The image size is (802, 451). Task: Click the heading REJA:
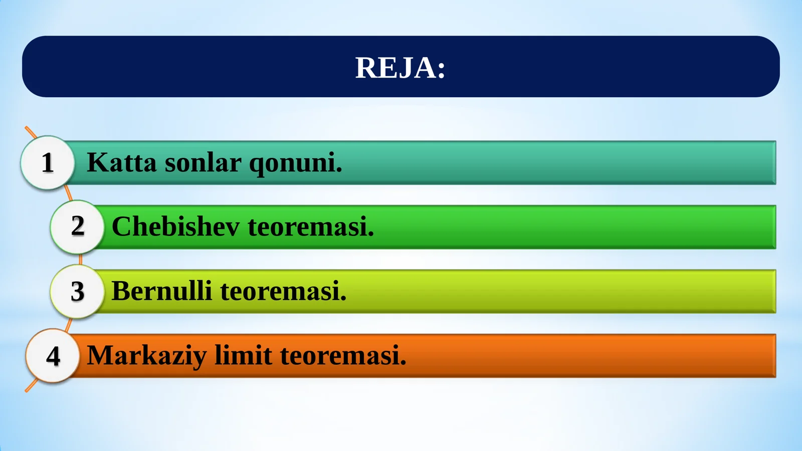tap(400, 68)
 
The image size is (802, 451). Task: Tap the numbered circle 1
tap(48, 162)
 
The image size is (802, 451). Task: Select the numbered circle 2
tap(77, 227)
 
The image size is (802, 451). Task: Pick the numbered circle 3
tap(77, 291)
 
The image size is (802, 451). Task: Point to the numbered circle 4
tap(53, 356)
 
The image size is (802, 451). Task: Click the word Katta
tap(121, 162)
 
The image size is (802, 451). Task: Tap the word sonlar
tap(203, 162)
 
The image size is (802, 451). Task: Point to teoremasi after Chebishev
tap(311, 227)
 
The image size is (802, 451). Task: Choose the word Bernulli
tap(161, 291)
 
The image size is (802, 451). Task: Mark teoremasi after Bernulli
tap(283, 291)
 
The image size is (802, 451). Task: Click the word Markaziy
tap(146, 356)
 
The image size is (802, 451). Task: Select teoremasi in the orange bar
tap(343, 356)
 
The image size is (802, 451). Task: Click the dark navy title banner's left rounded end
tap(40, 67)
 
